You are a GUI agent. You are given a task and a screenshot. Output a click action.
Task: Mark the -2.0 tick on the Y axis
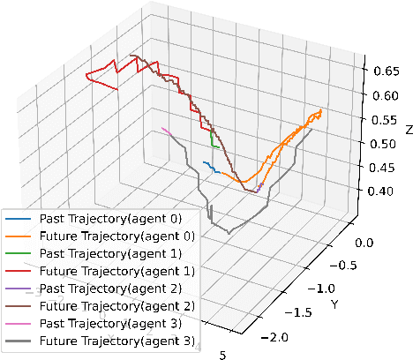point(279,337)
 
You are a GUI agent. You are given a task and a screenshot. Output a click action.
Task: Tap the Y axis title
point(334,305)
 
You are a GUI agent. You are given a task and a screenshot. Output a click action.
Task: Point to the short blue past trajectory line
point(208,164)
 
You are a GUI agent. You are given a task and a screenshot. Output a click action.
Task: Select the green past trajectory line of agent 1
point(213,139)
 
